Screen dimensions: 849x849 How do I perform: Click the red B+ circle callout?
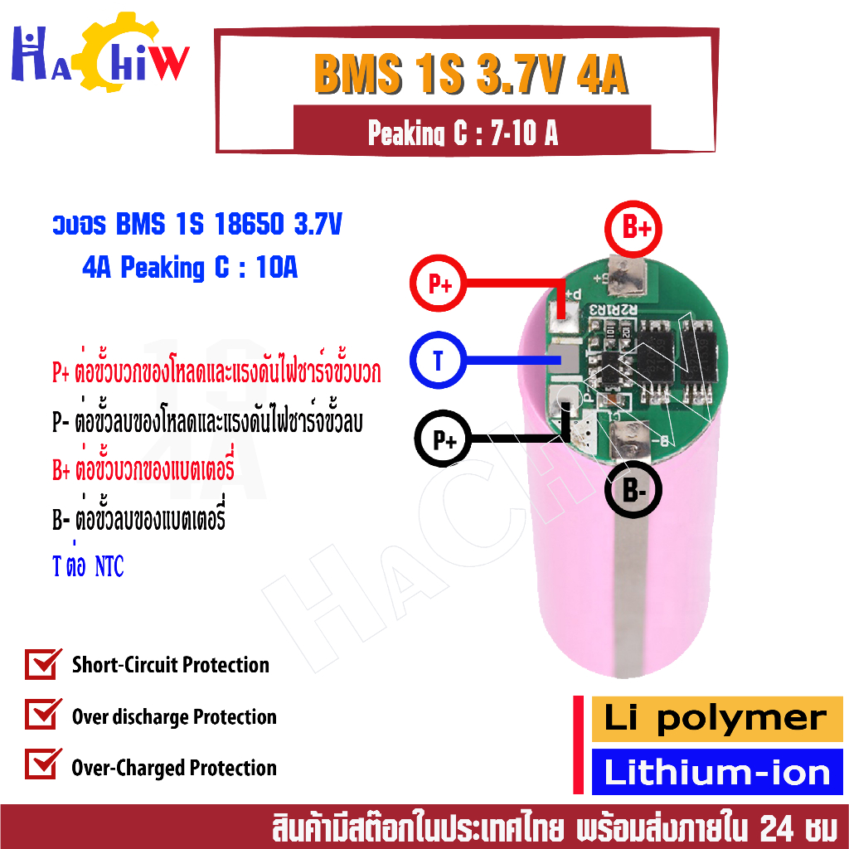click(x=633, y=229)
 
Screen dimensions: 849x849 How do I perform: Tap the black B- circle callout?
click(x=633, y=489)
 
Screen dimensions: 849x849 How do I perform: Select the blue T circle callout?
click(x=438, y=360)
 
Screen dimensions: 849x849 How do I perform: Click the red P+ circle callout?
click(x=438, y=284)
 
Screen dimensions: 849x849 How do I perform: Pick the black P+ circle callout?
click(x=444, y=439)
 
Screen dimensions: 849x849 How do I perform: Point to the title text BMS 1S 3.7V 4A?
click(x=471, y=74)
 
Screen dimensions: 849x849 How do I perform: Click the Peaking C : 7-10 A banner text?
click(x=463, y=133)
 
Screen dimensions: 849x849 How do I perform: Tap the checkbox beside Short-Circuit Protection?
click(x=42, y=663)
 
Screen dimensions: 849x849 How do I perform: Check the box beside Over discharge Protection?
click(x=42, y=714)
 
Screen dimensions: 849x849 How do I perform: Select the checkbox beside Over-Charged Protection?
click(x=42, y=764)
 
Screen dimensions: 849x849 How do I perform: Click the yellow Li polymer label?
click(x=717, y=719)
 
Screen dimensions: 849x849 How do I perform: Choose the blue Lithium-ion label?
click(x=717, y=772)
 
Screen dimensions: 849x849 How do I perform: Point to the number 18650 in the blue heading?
click(x=249, y=224)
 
